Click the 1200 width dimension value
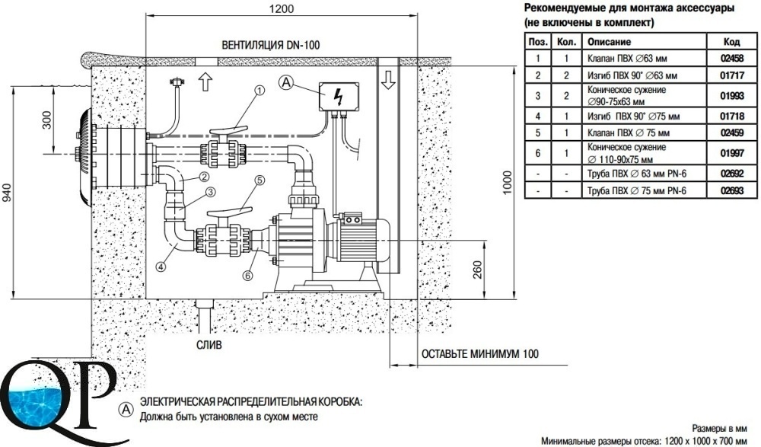(x=282, y=8)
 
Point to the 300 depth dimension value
(x=47, y=120)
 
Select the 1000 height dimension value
(x=507, y=182)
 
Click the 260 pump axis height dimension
(x=478, y=270)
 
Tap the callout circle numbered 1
(x=260, y=91)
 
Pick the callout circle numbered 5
(x=260, y=180)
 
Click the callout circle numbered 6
(x=247, y=276)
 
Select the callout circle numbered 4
(x=161, y=266)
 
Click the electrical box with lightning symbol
(x=339, y=96)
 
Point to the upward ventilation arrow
(x=205, y=81)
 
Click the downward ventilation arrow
(x=388, y=80)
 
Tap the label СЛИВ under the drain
(x=209, y=345)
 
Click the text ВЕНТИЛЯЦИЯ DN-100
(x=271, y=45)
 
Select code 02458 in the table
(x=732, y=59)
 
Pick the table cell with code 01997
(x=732, y=154)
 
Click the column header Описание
(x=609, y=42)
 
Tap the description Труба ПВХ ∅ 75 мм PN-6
(x=637, y=191)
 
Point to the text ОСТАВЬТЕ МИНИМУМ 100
(x=480, y=353)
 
